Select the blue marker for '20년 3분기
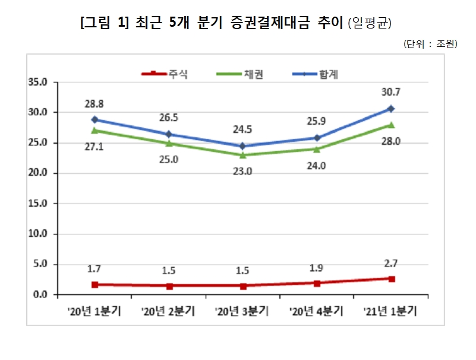coord(242,146)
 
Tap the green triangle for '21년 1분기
coord(391,125)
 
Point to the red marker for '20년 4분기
coord(317,283)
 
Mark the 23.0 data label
coord(242,171)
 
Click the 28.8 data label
coord(94,104)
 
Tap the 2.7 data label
coord(391,264)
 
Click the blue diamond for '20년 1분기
coord(94,119)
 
